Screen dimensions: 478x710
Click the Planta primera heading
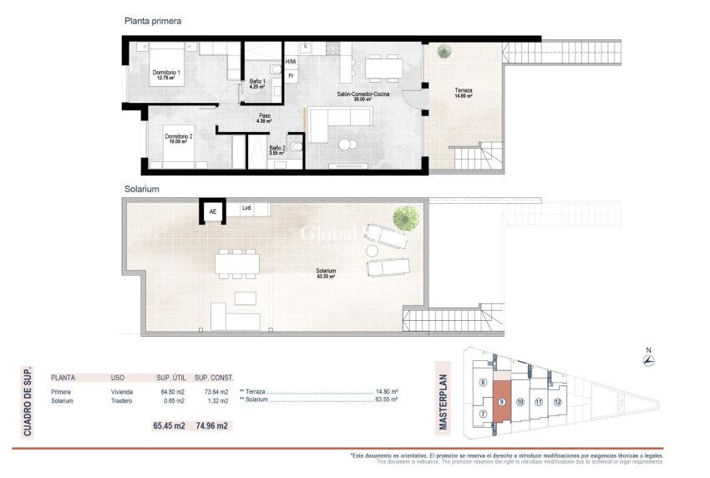[152, 20]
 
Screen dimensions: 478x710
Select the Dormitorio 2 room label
[179, 139]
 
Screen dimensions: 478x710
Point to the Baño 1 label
[257, 84]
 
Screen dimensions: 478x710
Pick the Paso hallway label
[264, 119]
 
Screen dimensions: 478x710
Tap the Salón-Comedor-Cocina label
[363, 96]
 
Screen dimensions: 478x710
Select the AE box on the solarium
[213, 211]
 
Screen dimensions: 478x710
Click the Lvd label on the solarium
[246, 208]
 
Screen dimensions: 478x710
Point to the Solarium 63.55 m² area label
[326, 272]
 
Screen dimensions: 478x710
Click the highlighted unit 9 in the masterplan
[500, 402]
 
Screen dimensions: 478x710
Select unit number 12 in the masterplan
[557, 402]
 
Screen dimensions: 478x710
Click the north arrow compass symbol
[649, 360]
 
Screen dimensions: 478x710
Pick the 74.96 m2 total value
[212, 425]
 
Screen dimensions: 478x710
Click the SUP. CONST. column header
[216, 377]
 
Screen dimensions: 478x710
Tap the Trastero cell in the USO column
[123, 401]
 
